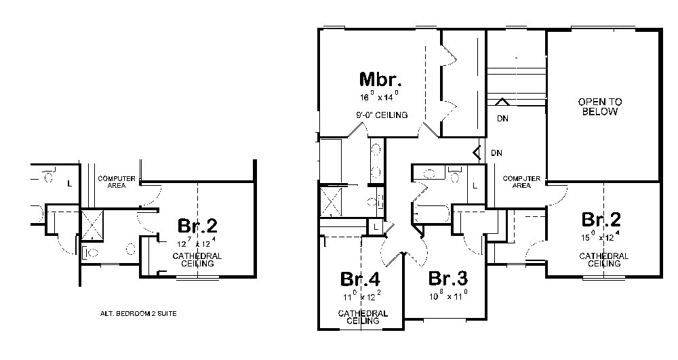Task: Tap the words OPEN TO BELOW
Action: point(599,106)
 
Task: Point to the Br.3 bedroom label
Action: point(447,278)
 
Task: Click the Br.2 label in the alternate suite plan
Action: point(197,224)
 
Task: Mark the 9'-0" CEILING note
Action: point(381,115)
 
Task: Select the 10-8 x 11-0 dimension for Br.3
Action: point(448,296)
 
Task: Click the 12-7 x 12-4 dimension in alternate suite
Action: point(197,242)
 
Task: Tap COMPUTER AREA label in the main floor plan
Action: point(521,182)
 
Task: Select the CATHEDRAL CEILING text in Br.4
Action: point(363,317)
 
